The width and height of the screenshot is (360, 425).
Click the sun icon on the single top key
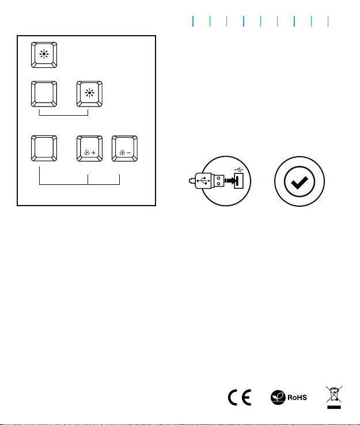point(44,54)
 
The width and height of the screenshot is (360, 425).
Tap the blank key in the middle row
point(44,94)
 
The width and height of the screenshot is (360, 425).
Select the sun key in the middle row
point(89,94)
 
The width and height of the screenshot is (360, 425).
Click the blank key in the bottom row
point(44,149)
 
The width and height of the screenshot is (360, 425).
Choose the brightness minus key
point(124,149)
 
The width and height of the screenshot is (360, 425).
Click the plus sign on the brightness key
point(93,153)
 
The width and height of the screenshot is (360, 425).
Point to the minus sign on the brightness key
point(129,153)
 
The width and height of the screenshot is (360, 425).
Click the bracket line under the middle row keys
point(64,116)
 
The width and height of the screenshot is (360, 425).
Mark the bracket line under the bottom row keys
point(79,184)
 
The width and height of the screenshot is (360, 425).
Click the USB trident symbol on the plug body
point(203,180)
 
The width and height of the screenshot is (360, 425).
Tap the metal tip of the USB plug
point(219,181)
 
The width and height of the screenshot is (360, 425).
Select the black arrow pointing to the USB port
point(230,181)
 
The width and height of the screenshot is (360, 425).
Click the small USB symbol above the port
point(239,170)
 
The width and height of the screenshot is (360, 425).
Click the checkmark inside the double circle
point(300,182)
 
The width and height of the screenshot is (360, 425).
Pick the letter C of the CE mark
point(233,397)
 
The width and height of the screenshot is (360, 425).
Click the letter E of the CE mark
point(247,397)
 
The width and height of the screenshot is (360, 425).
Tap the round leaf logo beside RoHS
point(278,397)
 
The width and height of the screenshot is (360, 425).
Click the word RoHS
point(297,397)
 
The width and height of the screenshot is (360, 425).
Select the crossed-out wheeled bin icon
point(334,397)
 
